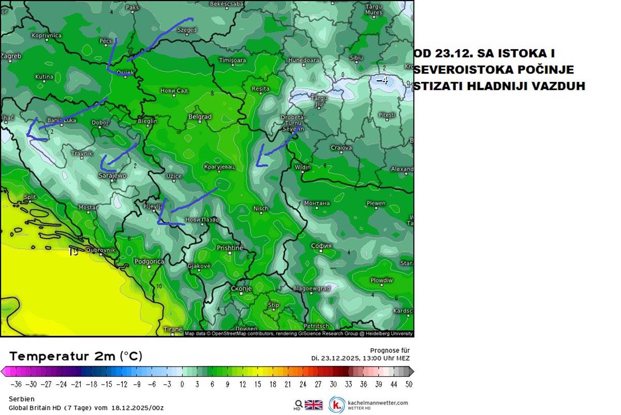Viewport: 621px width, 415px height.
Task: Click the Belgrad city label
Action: tap(200, 117)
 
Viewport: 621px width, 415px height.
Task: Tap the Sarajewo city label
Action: tap(112, 176)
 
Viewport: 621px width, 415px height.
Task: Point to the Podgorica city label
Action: tap(149, 262)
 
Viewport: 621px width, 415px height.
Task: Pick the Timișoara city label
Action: tap(232, 61)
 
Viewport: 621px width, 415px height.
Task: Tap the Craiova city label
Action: tap(341, 148)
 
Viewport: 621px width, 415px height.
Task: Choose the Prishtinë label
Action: tap(229, 248)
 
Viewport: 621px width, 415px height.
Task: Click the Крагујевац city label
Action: tap(219, 167)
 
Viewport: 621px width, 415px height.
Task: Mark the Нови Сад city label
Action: tap(174, 91)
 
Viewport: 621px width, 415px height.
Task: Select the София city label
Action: tap(321, 246)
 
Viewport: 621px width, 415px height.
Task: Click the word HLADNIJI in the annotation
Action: tap(497, 86)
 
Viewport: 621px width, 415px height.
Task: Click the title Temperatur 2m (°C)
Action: tap(76, 356)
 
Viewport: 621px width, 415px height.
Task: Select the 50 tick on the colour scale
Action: tap(409, 384)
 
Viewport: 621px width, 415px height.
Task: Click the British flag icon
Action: tap(313, 405)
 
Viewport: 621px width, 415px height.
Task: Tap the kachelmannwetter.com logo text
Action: tap(377, 403)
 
